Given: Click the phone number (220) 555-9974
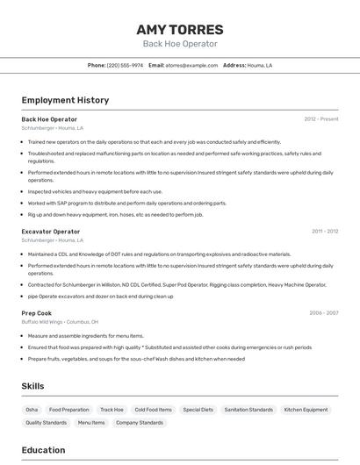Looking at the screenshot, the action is [125, 65].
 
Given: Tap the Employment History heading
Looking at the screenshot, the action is [65, 101].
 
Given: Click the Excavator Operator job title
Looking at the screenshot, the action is [50, 232].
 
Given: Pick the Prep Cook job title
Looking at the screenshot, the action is [37, 313].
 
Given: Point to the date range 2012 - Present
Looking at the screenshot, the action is [320, 119].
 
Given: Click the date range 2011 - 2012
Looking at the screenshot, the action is [324, 232].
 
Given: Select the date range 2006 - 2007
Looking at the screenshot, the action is [323, 313].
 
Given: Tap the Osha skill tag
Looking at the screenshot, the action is [32, 410].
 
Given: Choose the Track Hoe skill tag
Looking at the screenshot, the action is [112, 410].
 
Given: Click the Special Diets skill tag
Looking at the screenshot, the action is [198, 410].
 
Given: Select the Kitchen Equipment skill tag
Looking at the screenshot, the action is [306, 410].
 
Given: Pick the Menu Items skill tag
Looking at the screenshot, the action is [91, 423].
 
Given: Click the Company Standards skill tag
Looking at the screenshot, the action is [140, 423].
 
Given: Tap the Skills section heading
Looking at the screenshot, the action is [32, 386].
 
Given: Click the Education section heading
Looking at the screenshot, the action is [43, 450].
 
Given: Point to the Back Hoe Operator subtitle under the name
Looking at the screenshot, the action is [179, 44].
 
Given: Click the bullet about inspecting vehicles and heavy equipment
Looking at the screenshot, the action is [95, 191].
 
